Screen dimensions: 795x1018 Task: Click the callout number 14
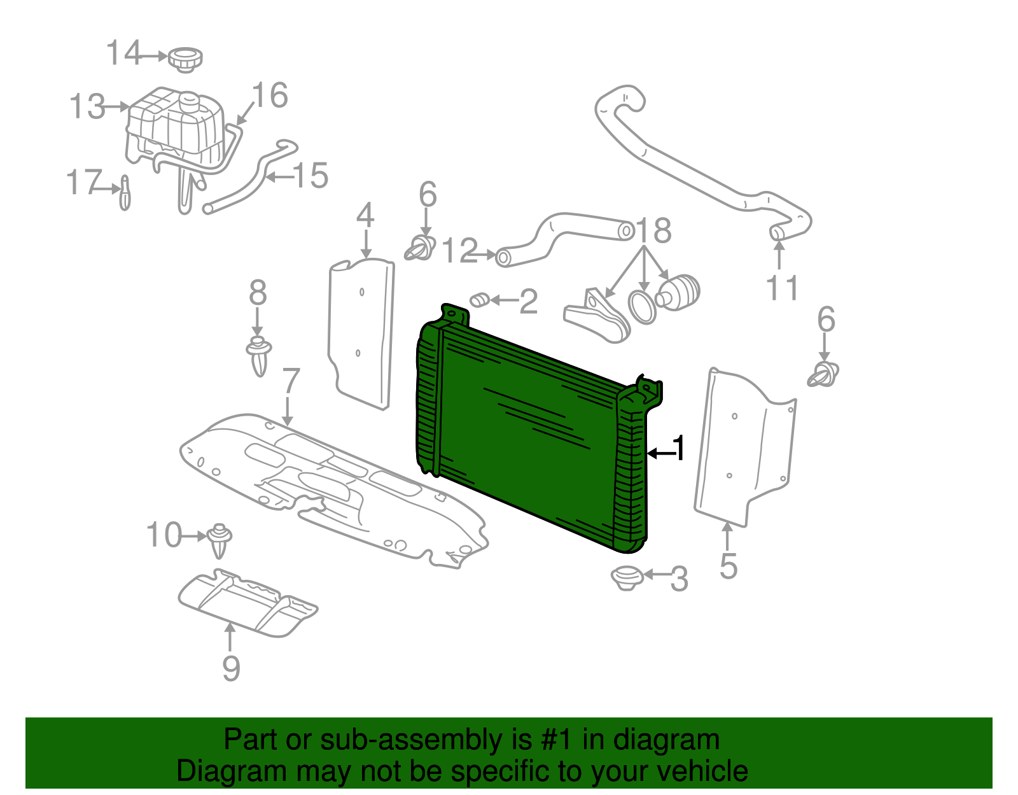point(123,53)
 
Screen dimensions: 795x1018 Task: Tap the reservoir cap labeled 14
point(185,59)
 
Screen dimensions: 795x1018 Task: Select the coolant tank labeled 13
point(175,127)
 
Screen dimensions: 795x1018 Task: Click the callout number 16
point(270,95)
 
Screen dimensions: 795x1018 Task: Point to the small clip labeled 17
point(125,192)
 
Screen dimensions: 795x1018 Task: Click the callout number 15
point(310,176)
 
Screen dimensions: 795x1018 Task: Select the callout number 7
point(290,381)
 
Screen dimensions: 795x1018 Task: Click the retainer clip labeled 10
point(220,539)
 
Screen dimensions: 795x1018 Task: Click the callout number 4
point(365,216)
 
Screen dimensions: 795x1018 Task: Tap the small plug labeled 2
point(479,299)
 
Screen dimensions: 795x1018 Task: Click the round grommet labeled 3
point(627,577)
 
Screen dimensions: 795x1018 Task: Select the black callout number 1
point(680,449)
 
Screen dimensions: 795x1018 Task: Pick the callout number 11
point(782,288)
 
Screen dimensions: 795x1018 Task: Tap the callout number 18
point(653,230)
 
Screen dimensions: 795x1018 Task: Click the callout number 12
point(459,251)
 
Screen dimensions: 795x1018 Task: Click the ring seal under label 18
point(642,307)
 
